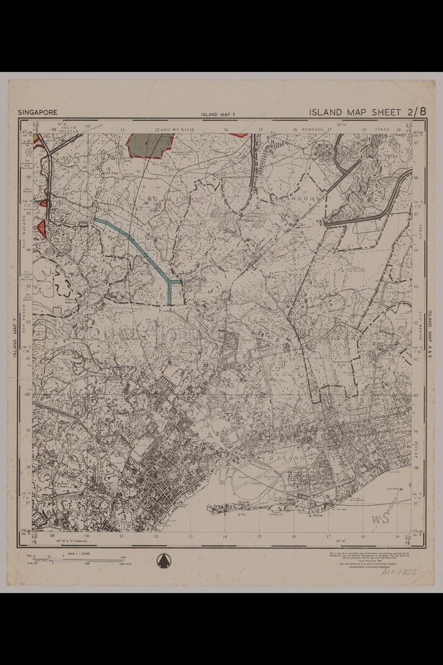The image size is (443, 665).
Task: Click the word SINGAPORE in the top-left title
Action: [x=38, y=112]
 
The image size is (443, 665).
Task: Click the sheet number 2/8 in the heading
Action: [x=416, y=111]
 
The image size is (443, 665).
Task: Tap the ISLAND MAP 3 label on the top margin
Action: [x=218, y=115]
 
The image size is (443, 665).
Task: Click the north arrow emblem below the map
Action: [x=163, y=561]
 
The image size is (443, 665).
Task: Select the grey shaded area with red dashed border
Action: [x=150, y=144]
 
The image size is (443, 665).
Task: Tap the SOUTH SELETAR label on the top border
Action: [x=69, y=129]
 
